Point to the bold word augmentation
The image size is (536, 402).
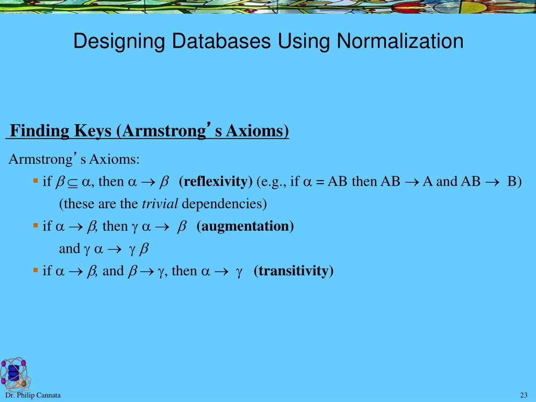click(x=245, y=226)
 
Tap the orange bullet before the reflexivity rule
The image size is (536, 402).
click(x=36, y=180)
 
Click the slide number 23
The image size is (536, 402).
click(x=523, y=395)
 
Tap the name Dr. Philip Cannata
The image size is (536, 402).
click(x=33, y=395)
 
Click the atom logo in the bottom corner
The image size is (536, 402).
click(x=15, y=374)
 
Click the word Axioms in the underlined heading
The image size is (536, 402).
click(x=257, y=130)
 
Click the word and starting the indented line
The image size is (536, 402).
click(x=69, y=249)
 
